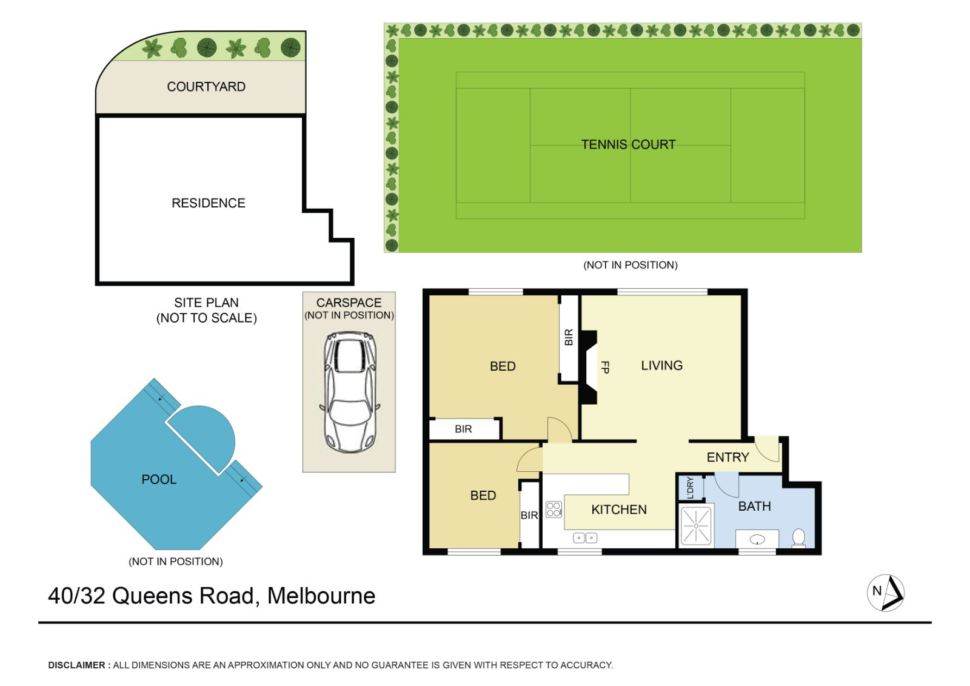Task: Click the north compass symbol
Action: pos(886,593)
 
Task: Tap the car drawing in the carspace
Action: pos(349,392)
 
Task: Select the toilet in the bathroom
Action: pos(798,538)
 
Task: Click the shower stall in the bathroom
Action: pos(696,525)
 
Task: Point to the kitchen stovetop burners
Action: pos(554,509)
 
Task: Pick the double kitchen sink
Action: pos(585,538)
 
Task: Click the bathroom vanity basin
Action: pos(757,540)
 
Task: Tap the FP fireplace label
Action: pos(605,367)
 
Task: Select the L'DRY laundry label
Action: pos(691,488)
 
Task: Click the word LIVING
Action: pos(661,365)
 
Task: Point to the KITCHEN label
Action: pos(619,509)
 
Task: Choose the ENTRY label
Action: pos(727,457)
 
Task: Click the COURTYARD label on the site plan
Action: pos(206,87)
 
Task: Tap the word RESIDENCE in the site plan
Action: pos(209,203)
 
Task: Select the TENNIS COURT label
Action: pos(628,144)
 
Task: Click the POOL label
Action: pos(159,479)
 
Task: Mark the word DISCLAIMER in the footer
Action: pos(76,665)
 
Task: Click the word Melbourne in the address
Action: pos(321,596)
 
